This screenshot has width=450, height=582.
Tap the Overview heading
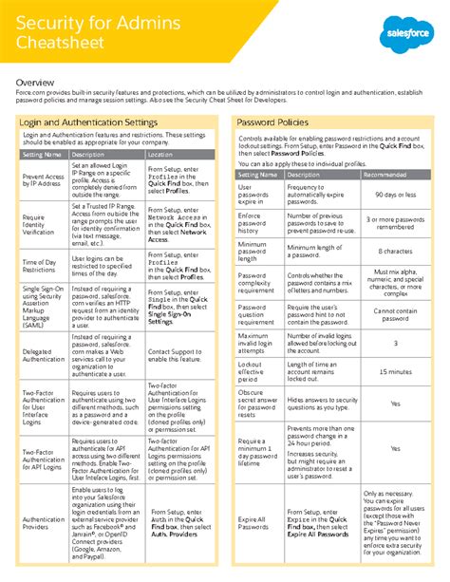(x=35, y=83)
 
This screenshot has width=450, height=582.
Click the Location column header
(x=160, y=154)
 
